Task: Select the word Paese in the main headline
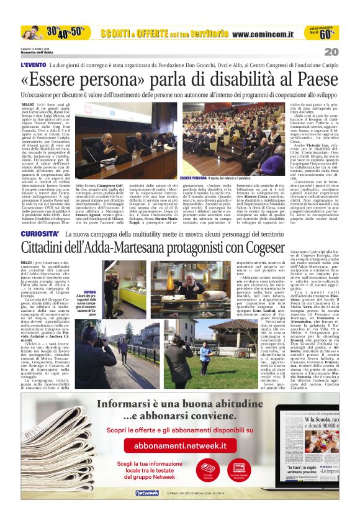[318, 80]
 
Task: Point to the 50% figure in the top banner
[76, 30]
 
